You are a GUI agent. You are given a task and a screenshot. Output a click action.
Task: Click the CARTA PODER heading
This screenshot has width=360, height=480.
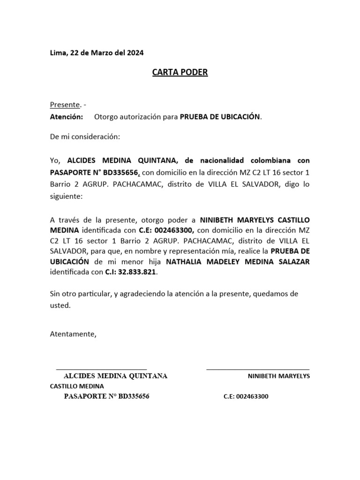pos(180,73)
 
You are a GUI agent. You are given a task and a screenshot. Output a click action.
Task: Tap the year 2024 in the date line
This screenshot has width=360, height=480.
pos(135,53)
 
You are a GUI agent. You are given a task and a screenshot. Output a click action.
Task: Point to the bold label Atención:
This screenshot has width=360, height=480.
pos(66,116)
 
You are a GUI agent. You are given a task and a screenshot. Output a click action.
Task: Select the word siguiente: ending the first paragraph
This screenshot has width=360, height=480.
pos(66,197)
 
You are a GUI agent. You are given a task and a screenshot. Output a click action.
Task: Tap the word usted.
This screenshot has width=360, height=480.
pos(60,306)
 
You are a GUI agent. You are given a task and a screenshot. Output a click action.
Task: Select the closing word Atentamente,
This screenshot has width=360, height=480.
pos(73,334)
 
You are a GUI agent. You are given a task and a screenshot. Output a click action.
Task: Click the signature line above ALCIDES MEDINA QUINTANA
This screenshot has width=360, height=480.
pos(101,369)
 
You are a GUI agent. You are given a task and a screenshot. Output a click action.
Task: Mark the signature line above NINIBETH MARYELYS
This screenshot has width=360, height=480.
pos(258,369)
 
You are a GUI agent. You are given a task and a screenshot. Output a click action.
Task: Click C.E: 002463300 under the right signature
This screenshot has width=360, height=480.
pos(246,397)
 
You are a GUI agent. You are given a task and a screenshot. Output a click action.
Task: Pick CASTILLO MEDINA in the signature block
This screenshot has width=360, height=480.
pos(77,386)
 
